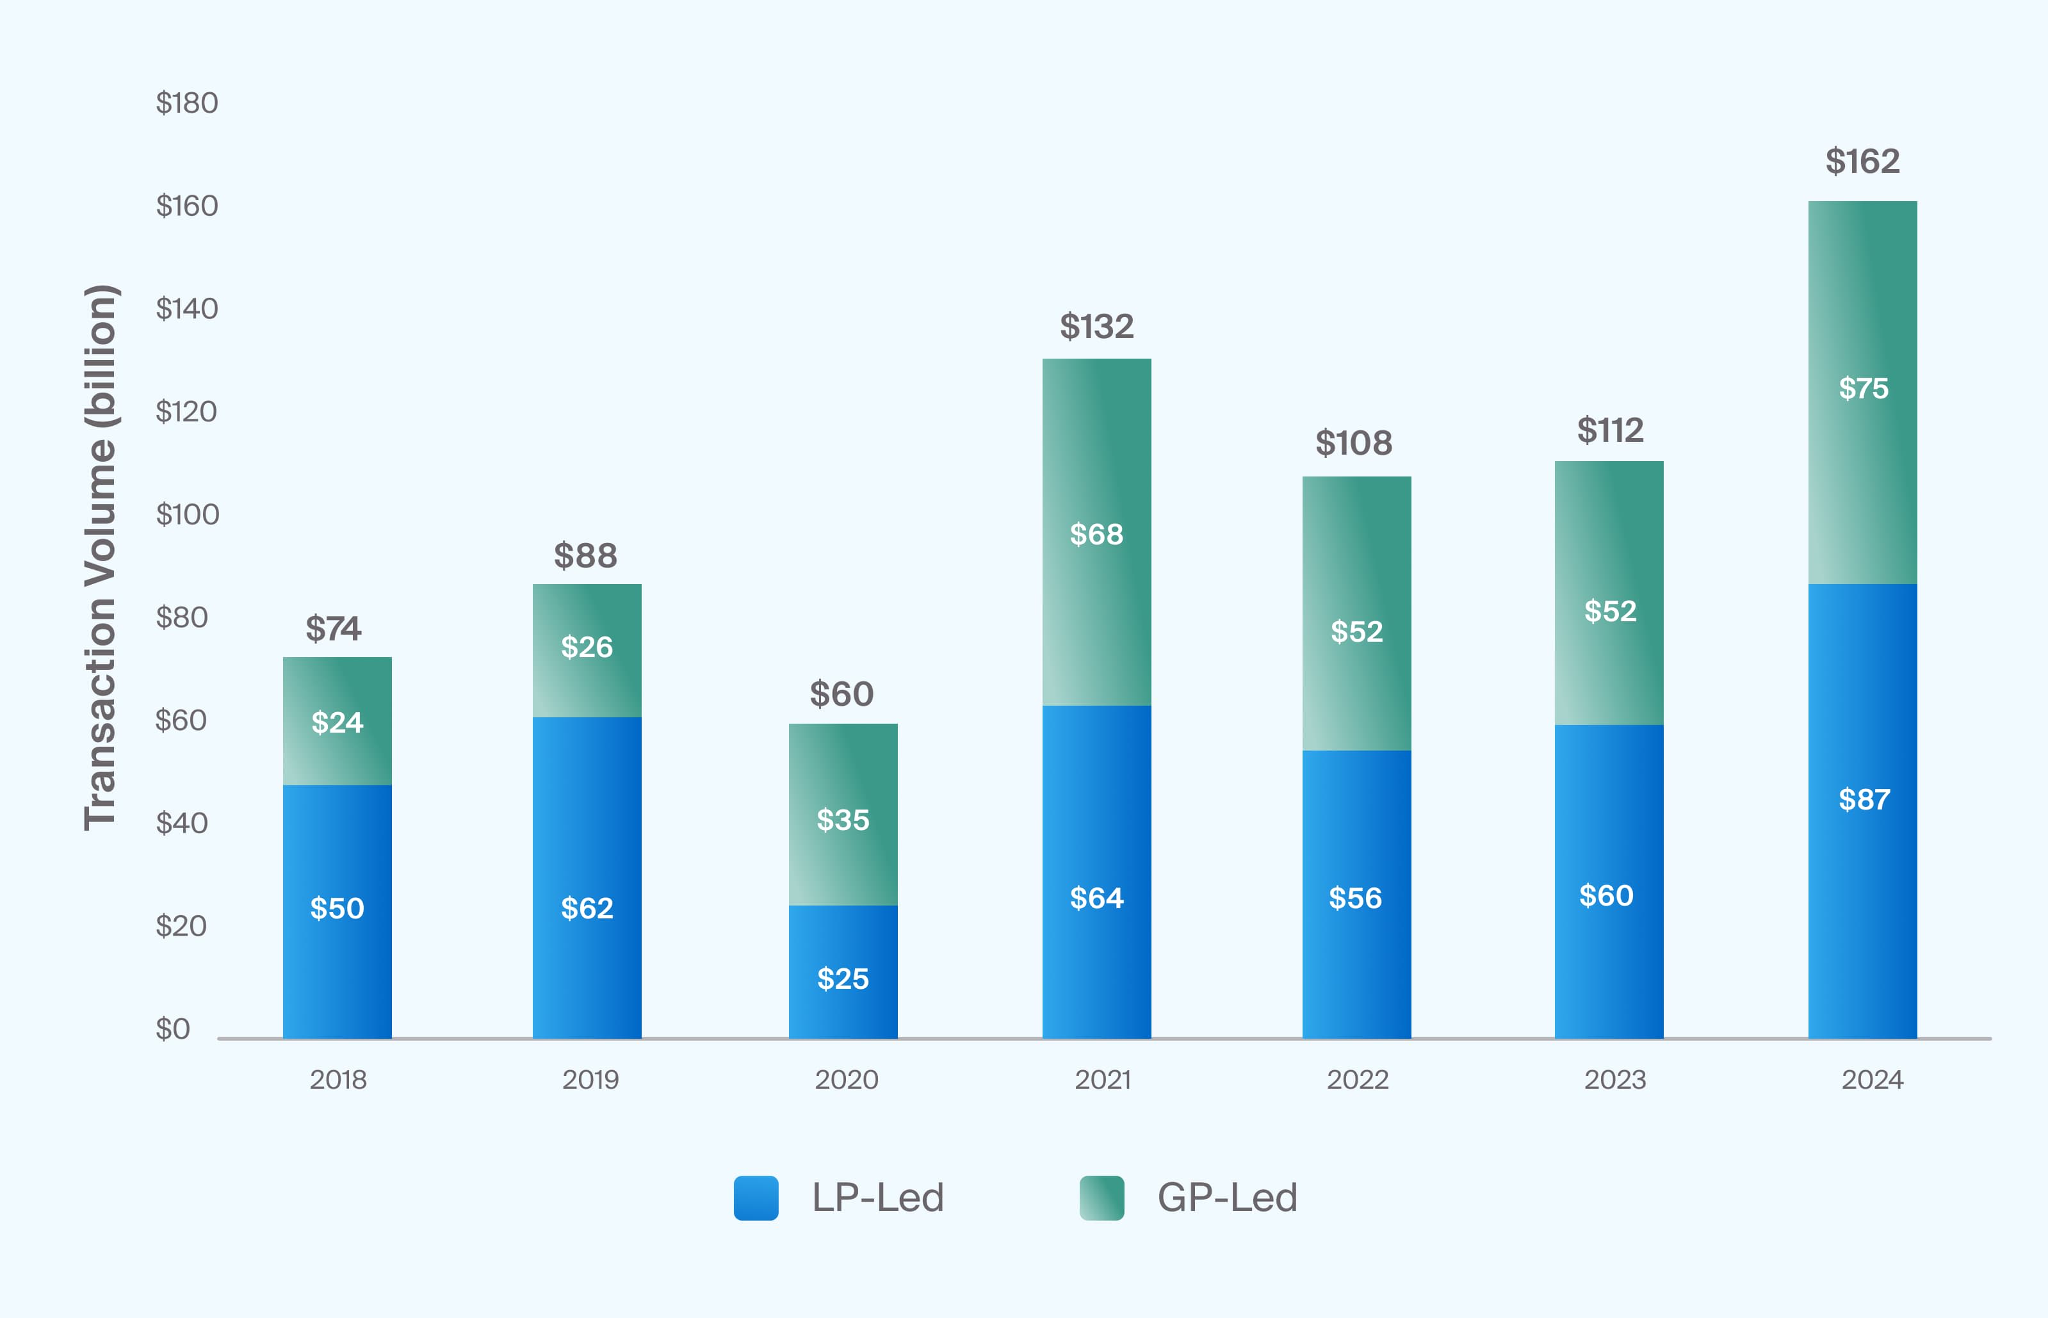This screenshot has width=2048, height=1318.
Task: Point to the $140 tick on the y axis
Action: pos(186,308)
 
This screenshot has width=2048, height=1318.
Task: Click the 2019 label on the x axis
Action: pos(590,1079)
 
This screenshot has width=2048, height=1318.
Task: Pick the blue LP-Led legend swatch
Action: pos(756,1198)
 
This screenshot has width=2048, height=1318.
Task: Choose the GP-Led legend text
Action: pos(1226,1198)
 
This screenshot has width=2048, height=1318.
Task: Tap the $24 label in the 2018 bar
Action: pos(337,722)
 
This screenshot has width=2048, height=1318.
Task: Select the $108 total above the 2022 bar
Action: pos(1354,443)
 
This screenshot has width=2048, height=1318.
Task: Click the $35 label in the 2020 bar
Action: pos(843,820)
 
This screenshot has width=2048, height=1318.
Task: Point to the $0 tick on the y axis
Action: pos(173,1029)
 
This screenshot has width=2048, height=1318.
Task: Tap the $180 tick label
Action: pos(186,102)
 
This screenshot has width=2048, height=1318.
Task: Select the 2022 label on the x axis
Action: pos(1358,1079)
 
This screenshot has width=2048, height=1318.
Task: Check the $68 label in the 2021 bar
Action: pos(1096,534)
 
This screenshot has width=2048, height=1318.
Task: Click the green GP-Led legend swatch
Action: pos(1101,1198)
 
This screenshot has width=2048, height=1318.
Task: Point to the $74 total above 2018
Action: pos(334,628)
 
